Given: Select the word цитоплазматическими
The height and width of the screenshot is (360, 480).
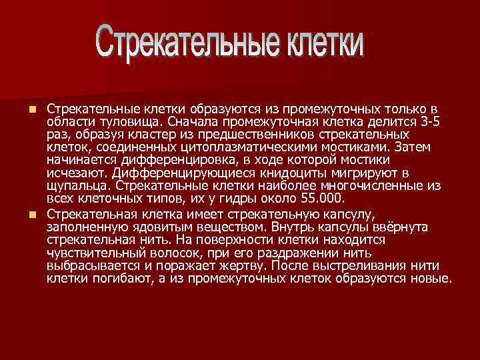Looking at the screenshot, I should click(x=267, y=147).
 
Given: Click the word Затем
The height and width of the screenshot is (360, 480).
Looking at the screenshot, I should click(x=415, y=147).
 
